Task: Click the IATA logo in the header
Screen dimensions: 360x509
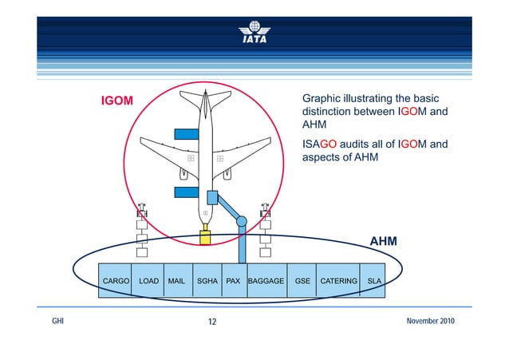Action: point(254,31)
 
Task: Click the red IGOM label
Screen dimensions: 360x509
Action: point(116,101)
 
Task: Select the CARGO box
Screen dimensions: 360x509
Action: point(116,281)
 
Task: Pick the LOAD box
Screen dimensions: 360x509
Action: point(148,281)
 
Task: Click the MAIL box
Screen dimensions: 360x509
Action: point(176,281)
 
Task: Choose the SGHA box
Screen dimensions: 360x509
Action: point(207,281)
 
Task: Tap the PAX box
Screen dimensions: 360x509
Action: point(234,281)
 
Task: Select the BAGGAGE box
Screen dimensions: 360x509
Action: point(266,281)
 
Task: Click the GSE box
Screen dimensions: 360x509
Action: point(302,281)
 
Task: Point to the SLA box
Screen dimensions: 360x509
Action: point(373,281)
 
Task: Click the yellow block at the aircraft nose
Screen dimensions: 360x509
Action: point(205,237)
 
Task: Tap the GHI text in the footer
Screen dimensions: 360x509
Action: point(57,321)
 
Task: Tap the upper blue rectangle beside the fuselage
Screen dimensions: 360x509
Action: point(186,133)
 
